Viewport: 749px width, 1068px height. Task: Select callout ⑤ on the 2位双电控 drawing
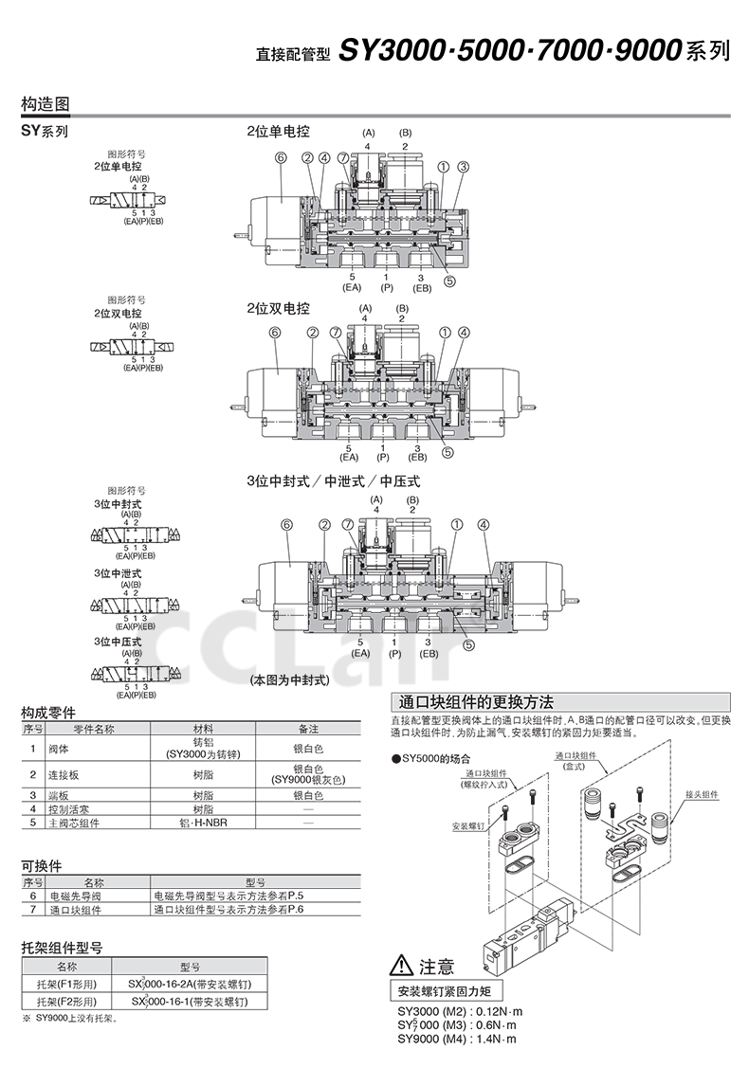click(448, 452)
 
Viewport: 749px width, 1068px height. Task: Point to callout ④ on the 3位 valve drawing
click(484, 523)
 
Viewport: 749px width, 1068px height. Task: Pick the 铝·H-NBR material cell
click(203, 822)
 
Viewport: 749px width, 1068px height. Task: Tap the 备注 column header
click(308, 729)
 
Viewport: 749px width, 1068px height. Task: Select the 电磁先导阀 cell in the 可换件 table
click(75, 895)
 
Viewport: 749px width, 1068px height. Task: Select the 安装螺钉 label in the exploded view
click(468, 826)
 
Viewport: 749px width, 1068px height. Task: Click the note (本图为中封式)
click(289, 679)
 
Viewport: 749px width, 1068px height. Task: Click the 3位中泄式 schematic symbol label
click(118, 573)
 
